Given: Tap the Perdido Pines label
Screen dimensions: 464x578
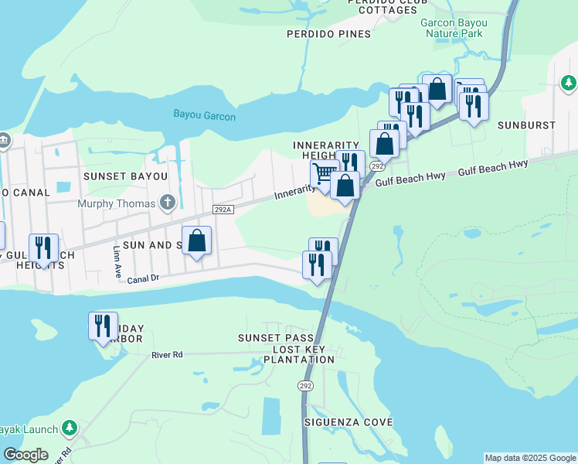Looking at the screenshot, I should (x=328, y=34).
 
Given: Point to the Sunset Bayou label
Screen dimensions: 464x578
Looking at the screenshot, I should (x=126, y=176).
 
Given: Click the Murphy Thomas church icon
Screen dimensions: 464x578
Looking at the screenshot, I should (x=167, y=203).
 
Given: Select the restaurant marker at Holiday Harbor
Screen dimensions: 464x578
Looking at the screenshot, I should (x=103, y=326).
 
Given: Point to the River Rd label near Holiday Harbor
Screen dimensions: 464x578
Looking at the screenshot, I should (x=166, y=355).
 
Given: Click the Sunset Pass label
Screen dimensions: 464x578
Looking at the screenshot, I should (x=275, y=339).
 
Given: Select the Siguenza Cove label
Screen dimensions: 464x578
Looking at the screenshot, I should (x=348, y=422).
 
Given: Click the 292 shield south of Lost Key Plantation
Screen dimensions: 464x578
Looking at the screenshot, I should (x=305, y=385).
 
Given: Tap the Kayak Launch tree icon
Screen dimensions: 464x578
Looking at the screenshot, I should (x=69, y=427).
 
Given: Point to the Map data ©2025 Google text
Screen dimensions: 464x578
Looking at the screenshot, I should (x=529, y=458).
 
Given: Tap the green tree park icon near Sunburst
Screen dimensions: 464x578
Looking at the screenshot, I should (x=568, y=82).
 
